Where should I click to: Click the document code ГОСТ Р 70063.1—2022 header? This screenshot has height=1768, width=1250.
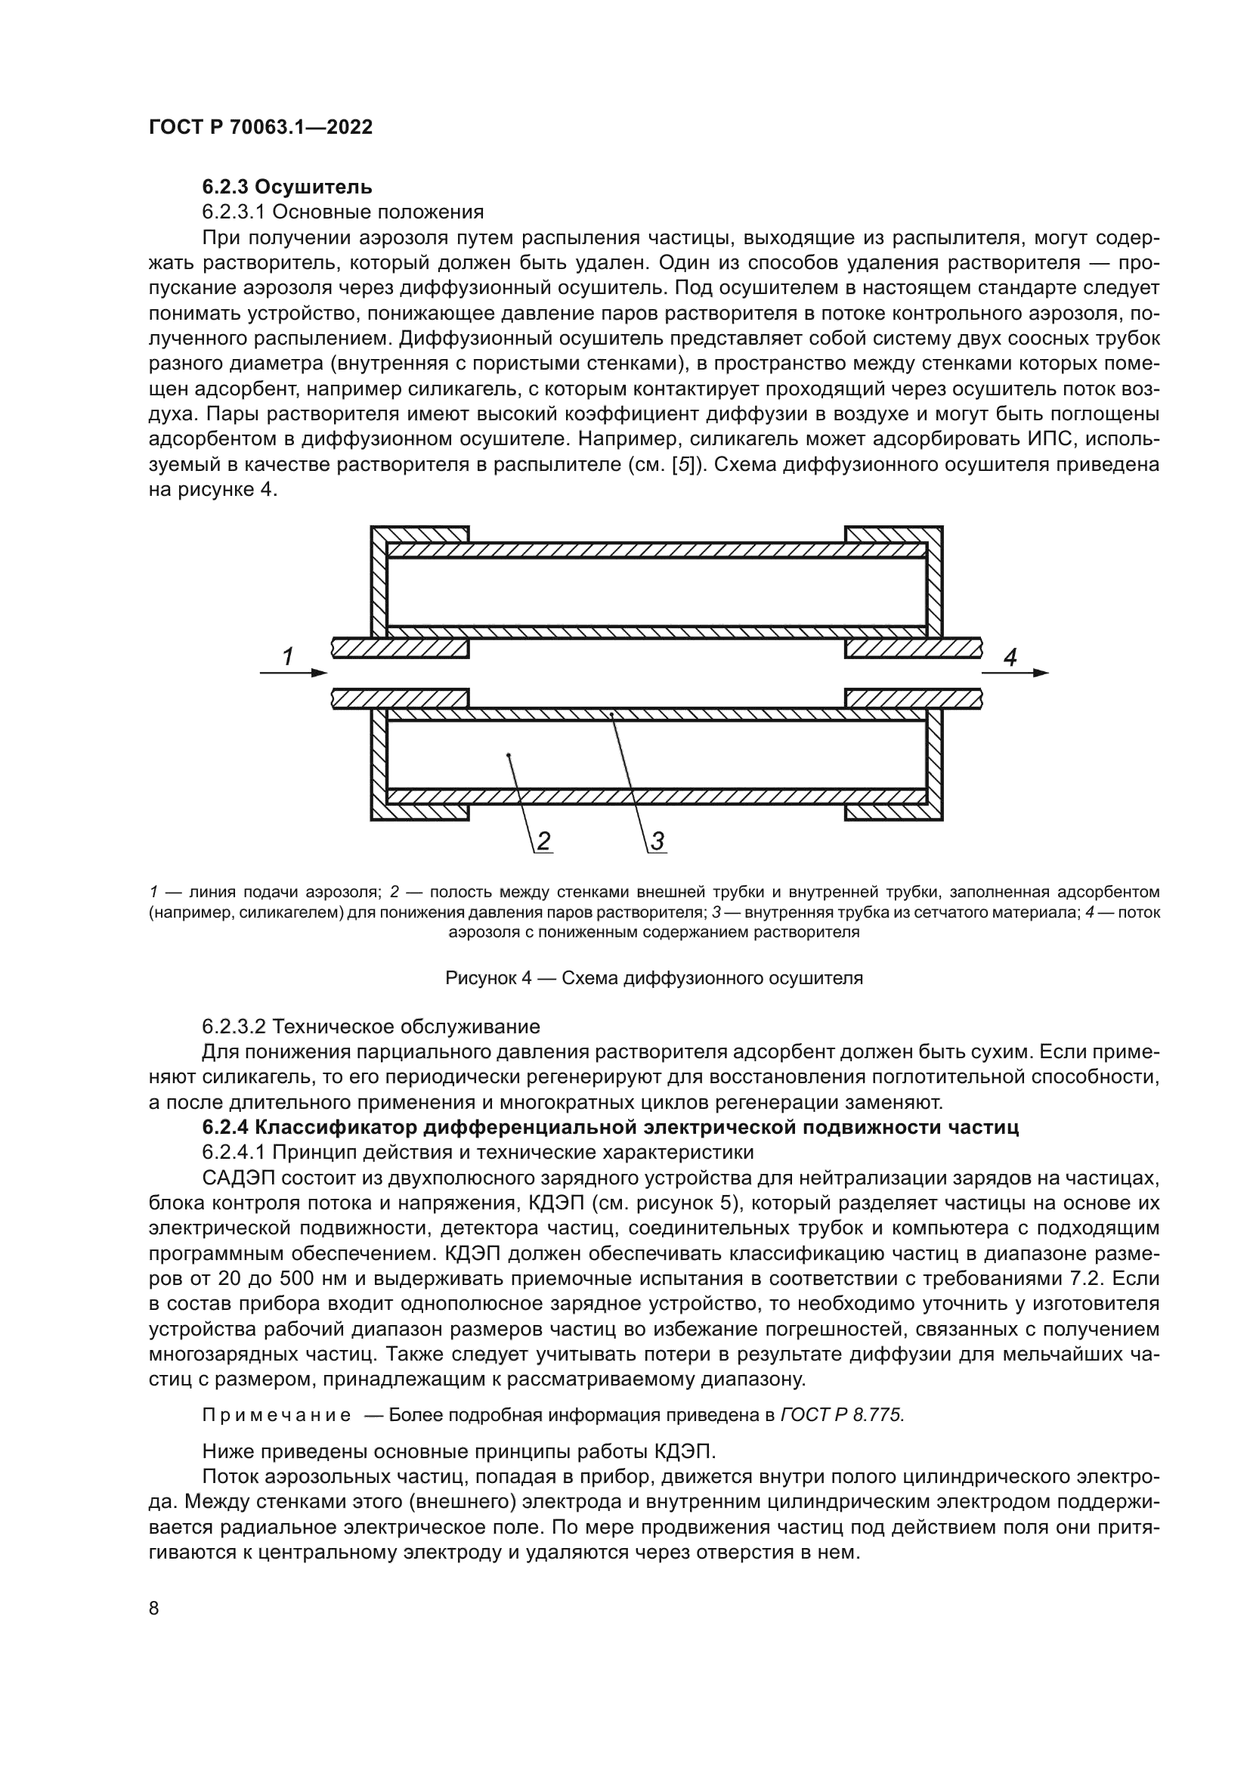(260, 128)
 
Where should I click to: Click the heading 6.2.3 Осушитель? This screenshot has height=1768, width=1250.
(287, 187)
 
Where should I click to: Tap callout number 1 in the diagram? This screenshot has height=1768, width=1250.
(287, 657)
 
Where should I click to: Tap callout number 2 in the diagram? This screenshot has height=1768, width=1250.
(543, 841)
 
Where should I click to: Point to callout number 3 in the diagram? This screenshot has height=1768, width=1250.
(657, 841)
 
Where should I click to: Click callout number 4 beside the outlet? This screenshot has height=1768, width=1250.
(1010, 657)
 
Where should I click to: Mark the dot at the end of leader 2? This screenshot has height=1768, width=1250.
(509, 755)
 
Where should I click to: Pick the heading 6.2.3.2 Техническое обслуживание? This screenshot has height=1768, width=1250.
(371, 1026)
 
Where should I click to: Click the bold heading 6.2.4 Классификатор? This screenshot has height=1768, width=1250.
(611, 1127)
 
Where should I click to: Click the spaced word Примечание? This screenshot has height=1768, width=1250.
(277, 1415)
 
